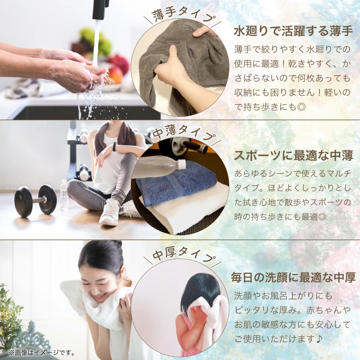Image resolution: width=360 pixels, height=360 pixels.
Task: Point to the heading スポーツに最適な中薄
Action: click(x=293, y=155)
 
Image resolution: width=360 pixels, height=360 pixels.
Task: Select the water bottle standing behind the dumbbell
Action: click(x=64, y=195)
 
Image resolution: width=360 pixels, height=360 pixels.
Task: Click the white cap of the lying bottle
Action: click(x=181, y=164)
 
